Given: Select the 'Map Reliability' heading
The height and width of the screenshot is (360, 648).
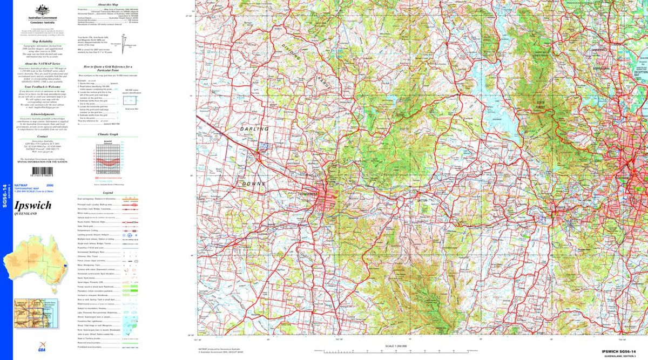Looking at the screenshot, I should click(42, 41).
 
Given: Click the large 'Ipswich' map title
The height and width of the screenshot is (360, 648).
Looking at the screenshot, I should click(33, 205).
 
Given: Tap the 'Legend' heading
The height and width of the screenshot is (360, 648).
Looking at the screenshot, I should click(108, 192).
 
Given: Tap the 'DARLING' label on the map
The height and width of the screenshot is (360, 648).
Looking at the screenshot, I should click(254, 130).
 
